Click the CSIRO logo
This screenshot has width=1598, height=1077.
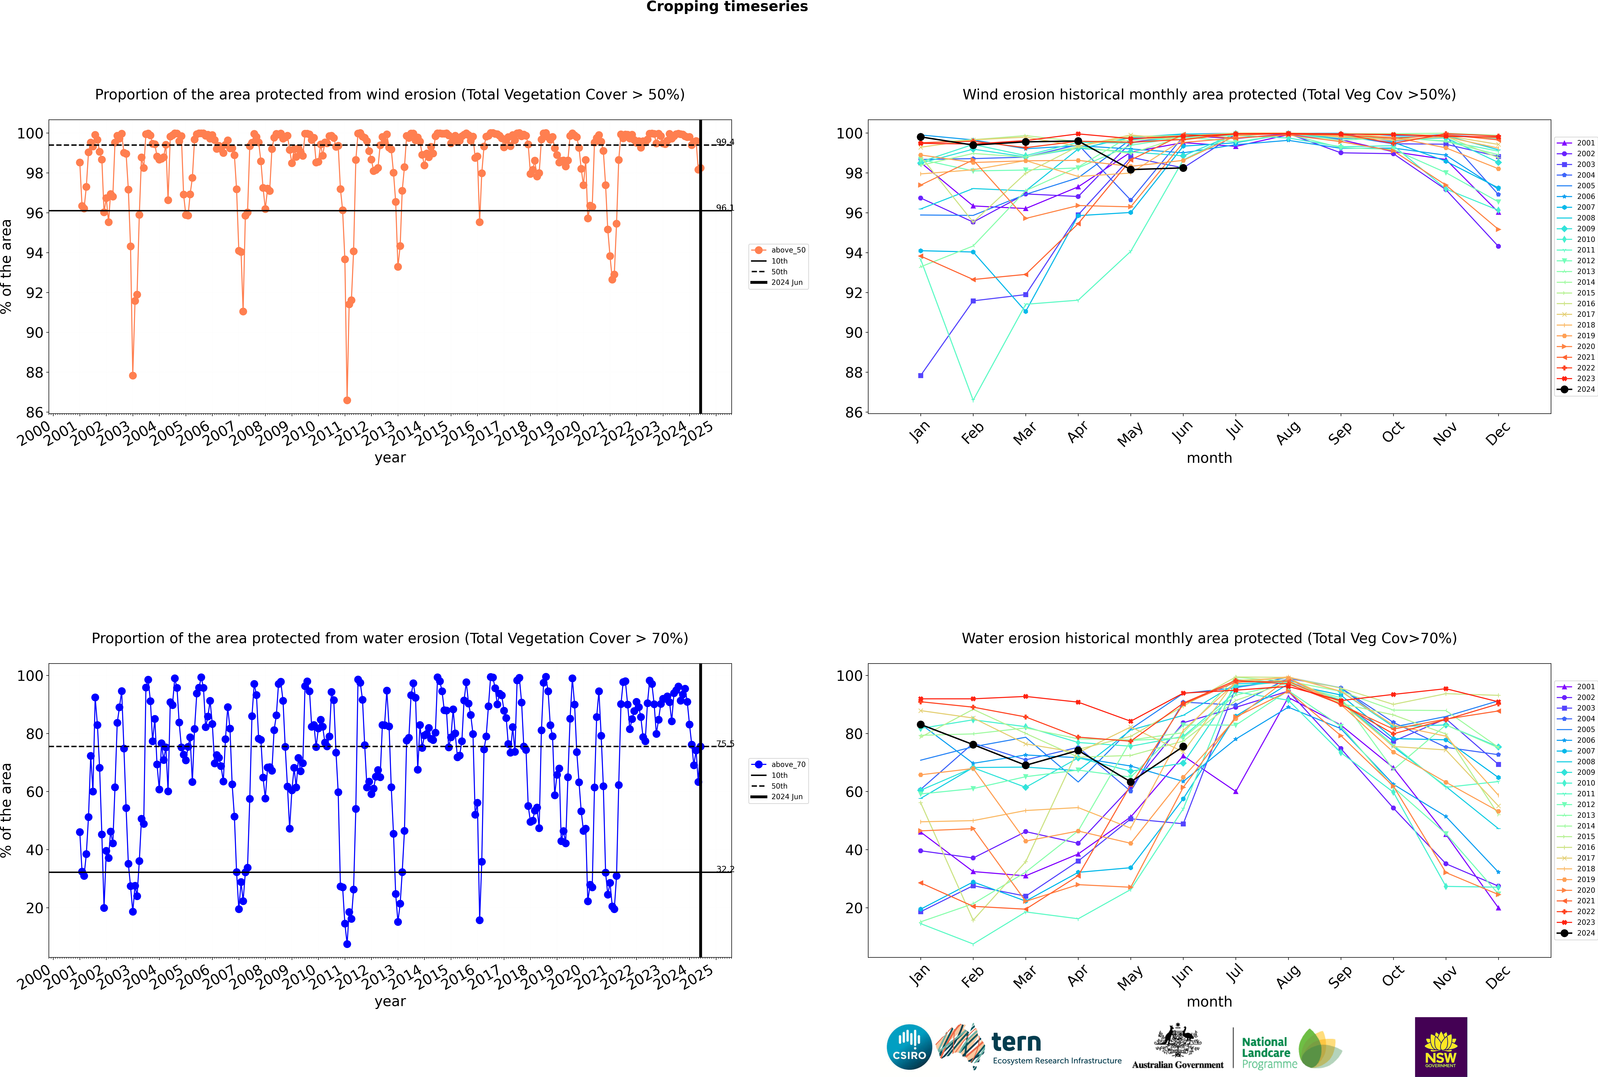(x=909, y=1048)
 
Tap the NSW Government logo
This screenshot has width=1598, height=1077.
(x=1441, y=1046)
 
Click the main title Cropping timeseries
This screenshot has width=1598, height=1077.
(x=727, y=7)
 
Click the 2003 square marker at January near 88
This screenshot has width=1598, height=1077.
(x=921, y=376)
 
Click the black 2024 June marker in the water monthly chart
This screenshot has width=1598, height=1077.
(x=1183, y=747)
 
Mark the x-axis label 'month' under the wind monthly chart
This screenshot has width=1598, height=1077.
(x=1209, y=458)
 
